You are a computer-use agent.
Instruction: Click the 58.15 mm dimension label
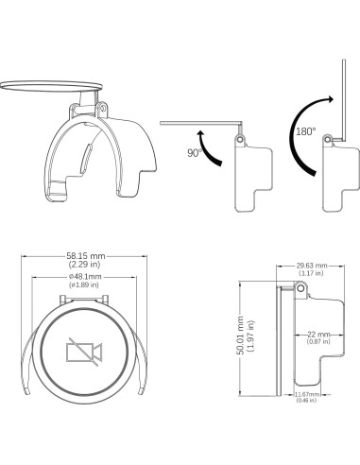click(86, 255)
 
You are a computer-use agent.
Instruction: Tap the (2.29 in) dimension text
click(84, 264)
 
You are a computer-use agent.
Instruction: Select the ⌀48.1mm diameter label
click(85, 277)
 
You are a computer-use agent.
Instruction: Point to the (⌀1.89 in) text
click(84, 284)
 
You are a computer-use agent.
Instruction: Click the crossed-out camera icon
click(84, 352)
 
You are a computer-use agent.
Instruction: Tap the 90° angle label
click(195, 153)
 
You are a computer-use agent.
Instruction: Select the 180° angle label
click(305, 131)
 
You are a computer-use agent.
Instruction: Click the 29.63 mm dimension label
click(312, 266)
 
